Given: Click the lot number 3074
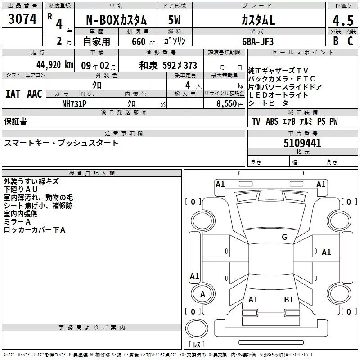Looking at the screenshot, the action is (22, 19).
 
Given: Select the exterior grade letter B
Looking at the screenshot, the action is (335, 40).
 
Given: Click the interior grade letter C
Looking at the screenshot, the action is (350, 40).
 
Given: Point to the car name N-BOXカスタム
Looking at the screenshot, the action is (116, 21).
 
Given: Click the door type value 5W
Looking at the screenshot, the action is (175, 21).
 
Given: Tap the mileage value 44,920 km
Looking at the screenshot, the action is (55, 64).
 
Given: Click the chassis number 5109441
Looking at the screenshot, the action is (302, 143).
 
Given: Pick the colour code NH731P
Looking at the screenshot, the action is (75, 103).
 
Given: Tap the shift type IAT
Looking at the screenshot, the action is (13, 94).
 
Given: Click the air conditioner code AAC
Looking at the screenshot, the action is (35, 94).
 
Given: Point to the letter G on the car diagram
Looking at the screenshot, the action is (284, 237).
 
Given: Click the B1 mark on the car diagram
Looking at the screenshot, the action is (288, 299).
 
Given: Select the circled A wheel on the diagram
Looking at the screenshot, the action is (202, 294).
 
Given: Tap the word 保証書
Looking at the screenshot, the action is (15, 121).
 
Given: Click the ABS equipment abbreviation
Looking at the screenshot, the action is (272, 121).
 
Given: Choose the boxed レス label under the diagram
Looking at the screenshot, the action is (197, 345).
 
